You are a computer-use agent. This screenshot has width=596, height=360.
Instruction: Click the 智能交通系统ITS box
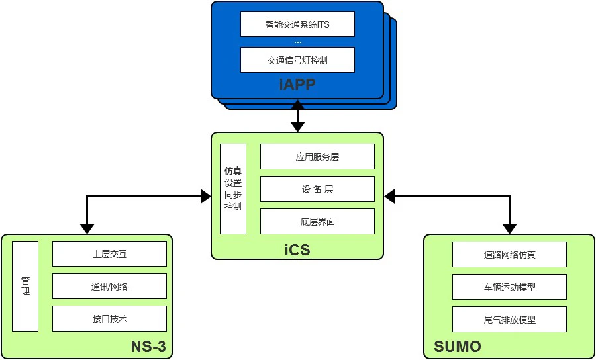297,24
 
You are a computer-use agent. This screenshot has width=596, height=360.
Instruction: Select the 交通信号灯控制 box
297,60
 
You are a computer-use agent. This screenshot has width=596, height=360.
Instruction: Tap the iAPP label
297,84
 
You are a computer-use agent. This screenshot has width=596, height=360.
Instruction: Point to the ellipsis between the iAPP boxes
297,42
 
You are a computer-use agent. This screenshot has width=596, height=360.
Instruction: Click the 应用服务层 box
317,157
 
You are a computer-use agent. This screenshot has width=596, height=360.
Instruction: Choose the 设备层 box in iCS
317,189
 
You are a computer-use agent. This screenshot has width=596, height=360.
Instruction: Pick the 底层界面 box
317,222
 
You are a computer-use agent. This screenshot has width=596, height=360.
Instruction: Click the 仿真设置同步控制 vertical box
233,189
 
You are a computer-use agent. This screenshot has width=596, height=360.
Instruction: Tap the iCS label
297,250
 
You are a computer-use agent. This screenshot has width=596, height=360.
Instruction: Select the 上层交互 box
109,254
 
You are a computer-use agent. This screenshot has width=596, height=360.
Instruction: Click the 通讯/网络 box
109,287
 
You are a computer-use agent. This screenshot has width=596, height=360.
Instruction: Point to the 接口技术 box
109,319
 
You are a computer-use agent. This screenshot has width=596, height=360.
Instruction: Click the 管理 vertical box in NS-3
26,287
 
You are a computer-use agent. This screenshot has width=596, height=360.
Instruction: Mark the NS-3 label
148,347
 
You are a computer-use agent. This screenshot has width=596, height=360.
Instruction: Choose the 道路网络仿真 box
509,255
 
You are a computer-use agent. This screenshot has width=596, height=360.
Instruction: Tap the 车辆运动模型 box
509,287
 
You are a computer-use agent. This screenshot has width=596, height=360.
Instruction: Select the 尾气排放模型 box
509,320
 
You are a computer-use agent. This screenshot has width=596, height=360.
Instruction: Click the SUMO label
458,347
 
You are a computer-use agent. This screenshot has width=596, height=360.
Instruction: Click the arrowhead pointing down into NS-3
86,229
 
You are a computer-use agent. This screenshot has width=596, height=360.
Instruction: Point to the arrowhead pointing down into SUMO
509,229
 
